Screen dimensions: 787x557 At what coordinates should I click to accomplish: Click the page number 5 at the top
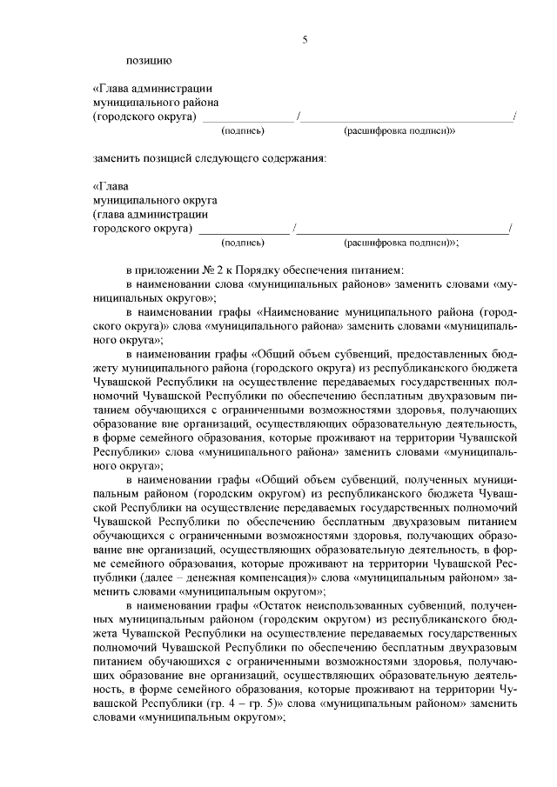305,38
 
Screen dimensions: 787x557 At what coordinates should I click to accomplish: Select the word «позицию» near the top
149,60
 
